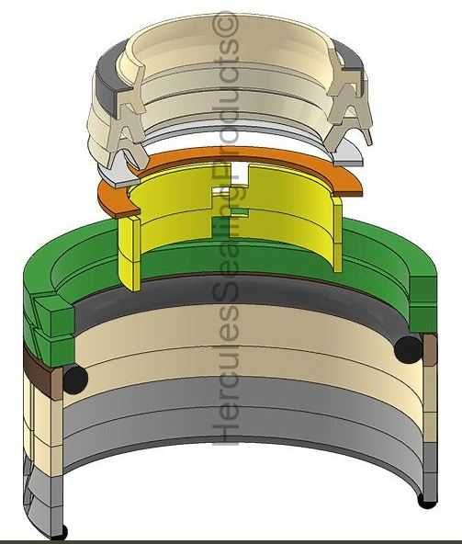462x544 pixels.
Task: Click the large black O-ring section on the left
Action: pos(73,378)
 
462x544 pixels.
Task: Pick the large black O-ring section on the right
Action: pos(405,348)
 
